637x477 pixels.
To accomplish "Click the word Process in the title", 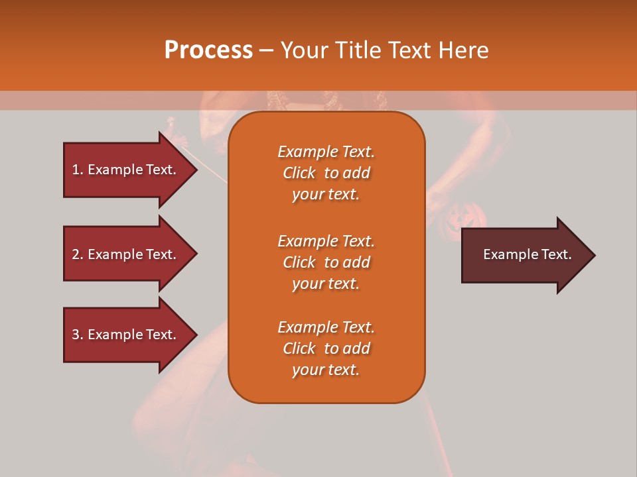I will point(208,50).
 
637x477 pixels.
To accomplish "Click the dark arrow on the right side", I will point(524,255).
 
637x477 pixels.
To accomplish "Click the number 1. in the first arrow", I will point(77,170).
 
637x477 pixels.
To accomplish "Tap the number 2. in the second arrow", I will point(77,254).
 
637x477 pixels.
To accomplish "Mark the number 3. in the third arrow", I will point(77,335).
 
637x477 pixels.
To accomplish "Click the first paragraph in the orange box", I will point(326,173).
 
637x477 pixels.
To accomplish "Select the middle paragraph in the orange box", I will point(326,262).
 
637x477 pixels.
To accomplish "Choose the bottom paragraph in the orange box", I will point(326,348).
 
